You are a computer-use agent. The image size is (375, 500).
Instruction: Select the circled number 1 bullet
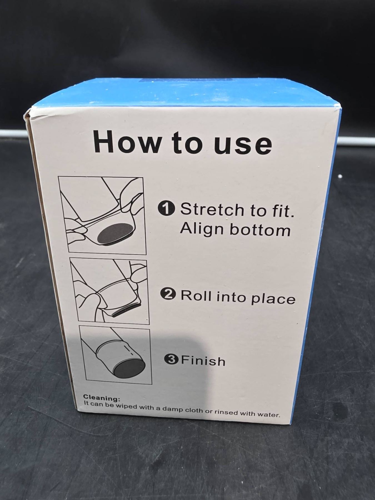(x=166, y=208)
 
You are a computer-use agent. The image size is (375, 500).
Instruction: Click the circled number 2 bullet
(x=168, y=294)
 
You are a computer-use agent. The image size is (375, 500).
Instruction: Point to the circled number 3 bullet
(x=171, y=359)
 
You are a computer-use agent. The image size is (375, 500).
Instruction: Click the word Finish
(x=203, y=361)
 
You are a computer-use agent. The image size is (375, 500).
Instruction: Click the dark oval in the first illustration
(x=115, y=232)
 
